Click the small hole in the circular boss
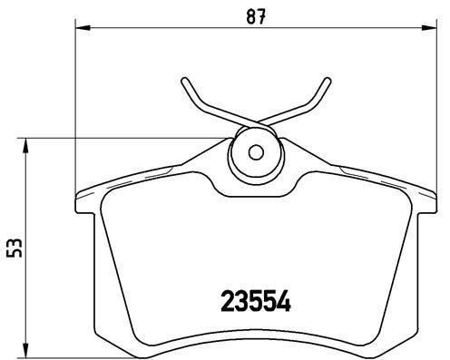(x=256, y=151)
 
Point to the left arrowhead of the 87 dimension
(x=79, y=30)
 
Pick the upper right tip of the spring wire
(x=328, y=81)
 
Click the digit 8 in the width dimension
(x=250, y=15)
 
